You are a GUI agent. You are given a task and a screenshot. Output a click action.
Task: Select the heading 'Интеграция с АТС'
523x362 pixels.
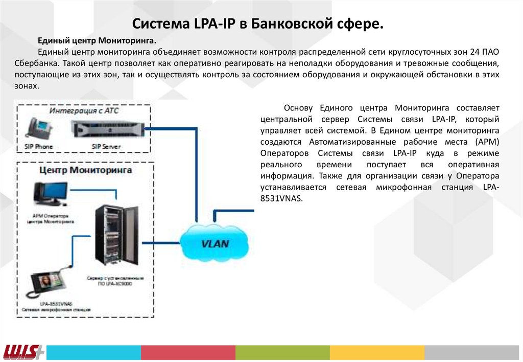point(83,110)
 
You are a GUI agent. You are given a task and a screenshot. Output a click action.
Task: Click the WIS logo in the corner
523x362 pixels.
point(23,352)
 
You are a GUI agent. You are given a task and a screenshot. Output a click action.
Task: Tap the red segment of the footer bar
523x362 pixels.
point(188,352)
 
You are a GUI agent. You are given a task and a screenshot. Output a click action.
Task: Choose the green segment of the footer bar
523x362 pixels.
point(282,352)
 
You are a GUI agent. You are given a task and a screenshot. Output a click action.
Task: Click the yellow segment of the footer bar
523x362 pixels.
point(377,352)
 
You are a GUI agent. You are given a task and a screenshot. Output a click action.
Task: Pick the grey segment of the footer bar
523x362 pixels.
point(473,352)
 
